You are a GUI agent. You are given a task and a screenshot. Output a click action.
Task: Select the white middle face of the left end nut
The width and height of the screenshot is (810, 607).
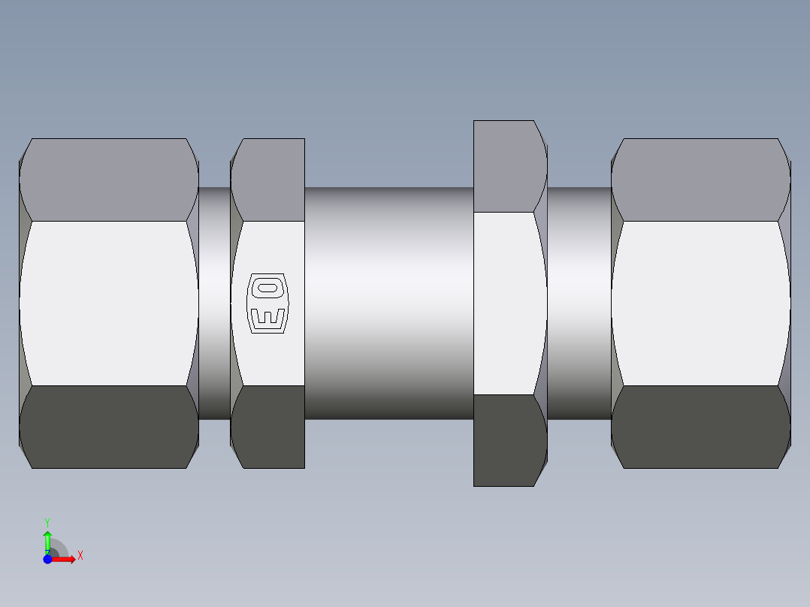[109, 303]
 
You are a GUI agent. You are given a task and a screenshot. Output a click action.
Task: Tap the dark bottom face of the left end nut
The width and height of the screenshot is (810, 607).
[109, 427]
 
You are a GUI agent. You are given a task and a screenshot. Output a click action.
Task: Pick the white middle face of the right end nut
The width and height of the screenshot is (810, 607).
[700, 303]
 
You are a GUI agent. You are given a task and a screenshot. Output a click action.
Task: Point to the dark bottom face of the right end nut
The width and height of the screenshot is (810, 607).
[700, 427]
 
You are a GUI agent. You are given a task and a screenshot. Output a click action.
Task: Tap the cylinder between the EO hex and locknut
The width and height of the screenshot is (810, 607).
[388, 303]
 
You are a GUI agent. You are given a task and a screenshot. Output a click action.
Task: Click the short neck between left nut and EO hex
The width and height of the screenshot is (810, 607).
[214, 303]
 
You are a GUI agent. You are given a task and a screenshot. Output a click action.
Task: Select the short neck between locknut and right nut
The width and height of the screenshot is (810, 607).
[579, 303]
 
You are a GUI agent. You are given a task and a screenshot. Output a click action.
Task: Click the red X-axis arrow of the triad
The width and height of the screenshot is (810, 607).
[65, 559]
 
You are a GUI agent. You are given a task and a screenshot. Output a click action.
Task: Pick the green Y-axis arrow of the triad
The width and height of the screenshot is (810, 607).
[47, 539]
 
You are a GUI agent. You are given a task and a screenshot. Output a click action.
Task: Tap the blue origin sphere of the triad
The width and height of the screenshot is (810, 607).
[47, 559]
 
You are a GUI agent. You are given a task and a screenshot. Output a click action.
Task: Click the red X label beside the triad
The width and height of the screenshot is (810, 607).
[80, 555]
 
